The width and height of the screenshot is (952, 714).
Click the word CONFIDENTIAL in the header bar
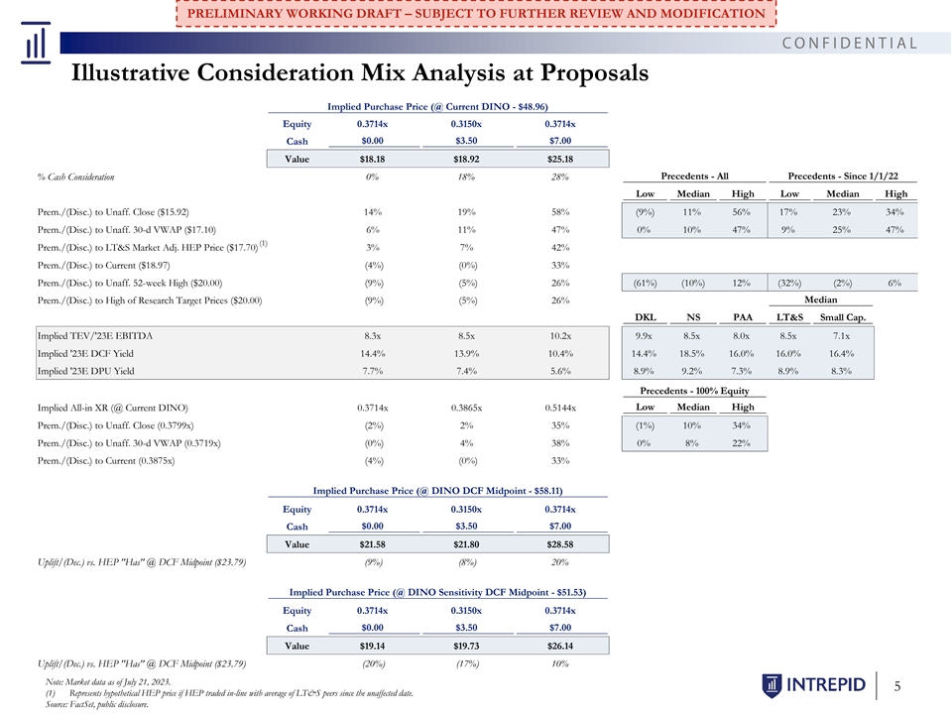point(850,43)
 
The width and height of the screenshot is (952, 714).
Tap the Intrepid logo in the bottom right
point(813,685)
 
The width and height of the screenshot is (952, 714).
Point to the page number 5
point(897,686)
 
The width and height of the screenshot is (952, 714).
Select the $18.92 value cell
point(466,159)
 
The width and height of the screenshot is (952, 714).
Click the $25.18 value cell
point(559,159)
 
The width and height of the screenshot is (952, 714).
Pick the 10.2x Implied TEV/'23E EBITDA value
point(559,336)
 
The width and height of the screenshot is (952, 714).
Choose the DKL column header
point(645,317)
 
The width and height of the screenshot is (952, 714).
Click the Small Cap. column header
point(843,317)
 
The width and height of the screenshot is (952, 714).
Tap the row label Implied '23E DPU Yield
point(85,371)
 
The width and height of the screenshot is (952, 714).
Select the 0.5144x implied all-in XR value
point(559,408)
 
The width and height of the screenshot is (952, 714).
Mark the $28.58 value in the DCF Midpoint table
point(559,544)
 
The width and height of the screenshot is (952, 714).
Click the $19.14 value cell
point(372,646)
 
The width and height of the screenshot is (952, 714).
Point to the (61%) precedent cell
point(645,283)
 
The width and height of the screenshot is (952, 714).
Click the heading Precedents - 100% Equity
point(694,391)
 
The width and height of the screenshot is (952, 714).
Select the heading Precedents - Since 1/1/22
point(843,177)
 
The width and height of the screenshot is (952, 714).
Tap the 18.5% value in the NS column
point(692,353)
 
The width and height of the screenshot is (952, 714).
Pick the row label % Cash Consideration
point(76,178)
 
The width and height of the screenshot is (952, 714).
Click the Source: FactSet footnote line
point(97,704)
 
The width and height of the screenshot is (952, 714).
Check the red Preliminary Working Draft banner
point(476,13)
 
